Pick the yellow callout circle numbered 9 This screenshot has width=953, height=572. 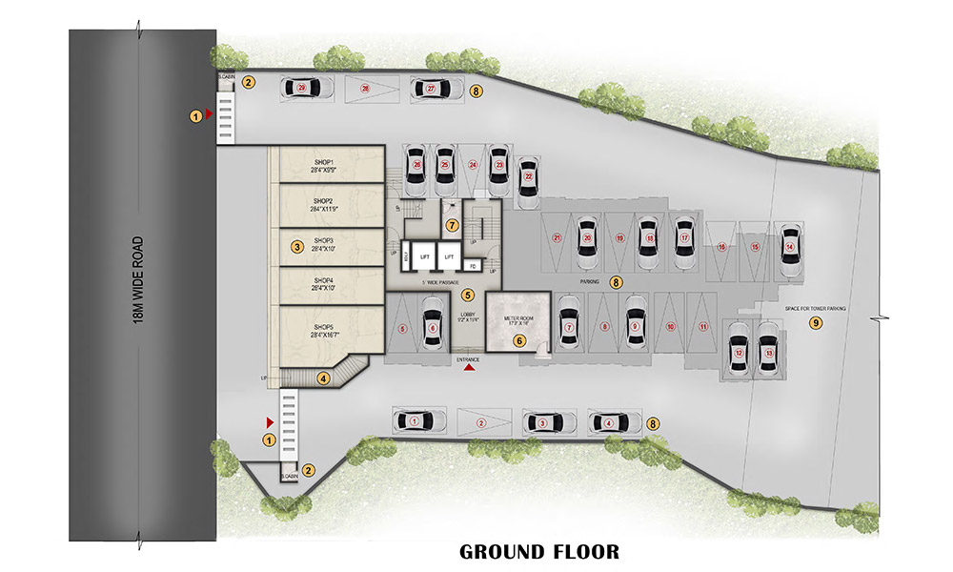pyautogui.click(x=815, y=324)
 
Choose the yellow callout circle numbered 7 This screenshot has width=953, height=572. pyautogui.click(x=453, y=224)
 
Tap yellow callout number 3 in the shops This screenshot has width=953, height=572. pyautogui.click(x=297, y=247)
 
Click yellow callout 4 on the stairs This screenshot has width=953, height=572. pyautogui.click(x=324, y=378)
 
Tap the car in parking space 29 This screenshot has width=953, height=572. pyautogui.click(x=304, y=88)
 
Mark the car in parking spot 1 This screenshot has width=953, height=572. pyautogui.click(x=416, y=420)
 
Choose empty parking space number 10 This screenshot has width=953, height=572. pyautogui.click(x=671, y=326)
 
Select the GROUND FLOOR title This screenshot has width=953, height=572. pyautogui.click(x=539, y=552)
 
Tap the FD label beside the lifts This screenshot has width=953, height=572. pyautogui.click(x=473, y=264)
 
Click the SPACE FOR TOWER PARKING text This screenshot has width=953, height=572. pyautogui.click(x=815, y=307)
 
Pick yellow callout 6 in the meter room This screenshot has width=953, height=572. pyautogui.click(x=519, y=339)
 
